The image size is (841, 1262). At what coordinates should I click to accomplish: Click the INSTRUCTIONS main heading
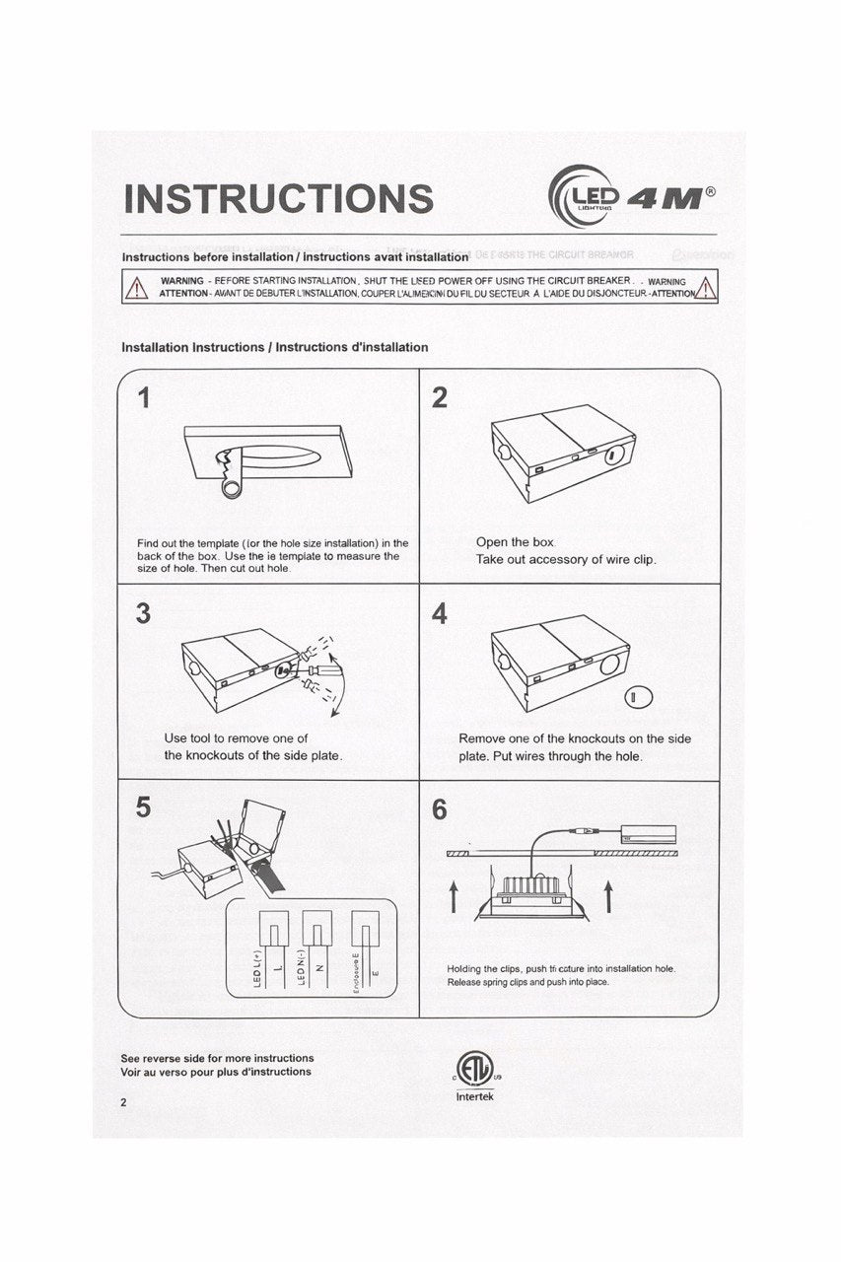pos(279,198)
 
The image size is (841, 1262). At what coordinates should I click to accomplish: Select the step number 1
pos(145,399)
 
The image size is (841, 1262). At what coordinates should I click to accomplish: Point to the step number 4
pos(440,613)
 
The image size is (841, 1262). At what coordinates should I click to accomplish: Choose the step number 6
pos(440,809)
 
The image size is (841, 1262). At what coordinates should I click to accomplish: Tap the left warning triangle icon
pos(135,289)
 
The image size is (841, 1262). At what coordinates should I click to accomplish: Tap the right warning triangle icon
pos(705,289)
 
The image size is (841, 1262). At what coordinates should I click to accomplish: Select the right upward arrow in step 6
pos(608,896)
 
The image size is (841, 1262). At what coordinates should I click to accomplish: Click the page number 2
pos(124,1102)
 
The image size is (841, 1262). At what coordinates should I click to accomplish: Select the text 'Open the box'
pos(515,542)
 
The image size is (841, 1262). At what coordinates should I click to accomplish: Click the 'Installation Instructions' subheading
pos(274,347)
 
